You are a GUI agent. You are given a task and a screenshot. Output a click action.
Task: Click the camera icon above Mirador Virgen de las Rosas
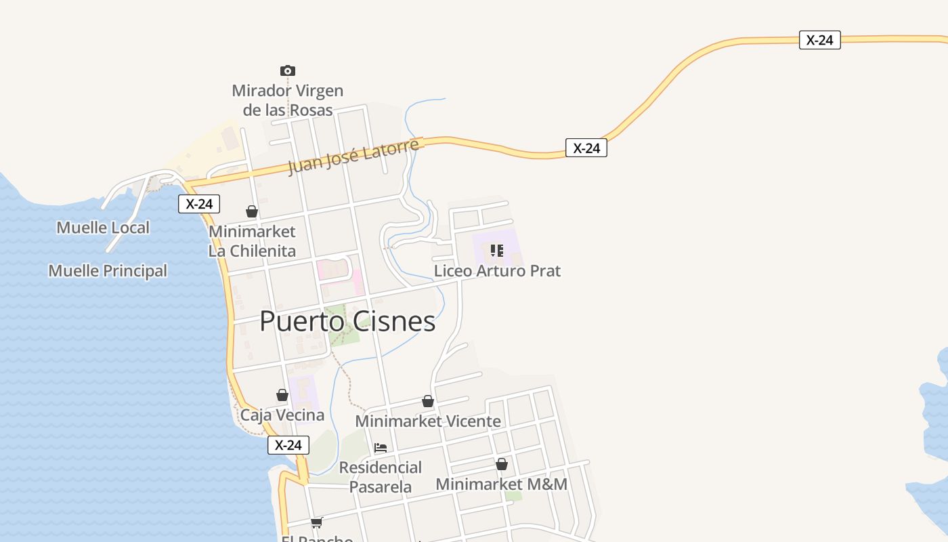point(288,70)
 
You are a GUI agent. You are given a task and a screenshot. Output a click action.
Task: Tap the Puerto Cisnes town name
point(347,321)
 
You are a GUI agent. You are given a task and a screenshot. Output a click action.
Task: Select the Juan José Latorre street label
point(353,157)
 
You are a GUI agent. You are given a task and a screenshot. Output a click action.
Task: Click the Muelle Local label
point(103,228)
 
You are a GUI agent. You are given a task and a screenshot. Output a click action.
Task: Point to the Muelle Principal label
point(108,271)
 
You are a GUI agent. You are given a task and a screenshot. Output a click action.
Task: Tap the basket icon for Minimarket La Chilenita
point(252,211)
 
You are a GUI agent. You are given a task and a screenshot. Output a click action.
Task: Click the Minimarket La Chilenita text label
point(252,241)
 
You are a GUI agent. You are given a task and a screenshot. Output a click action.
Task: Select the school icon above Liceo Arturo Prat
point(497,251)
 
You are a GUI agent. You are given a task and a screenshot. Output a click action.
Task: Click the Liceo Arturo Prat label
point(497,271)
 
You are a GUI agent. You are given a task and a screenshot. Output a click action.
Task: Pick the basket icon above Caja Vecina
point(282,395)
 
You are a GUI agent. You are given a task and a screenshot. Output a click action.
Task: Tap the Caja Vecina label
point(282,415)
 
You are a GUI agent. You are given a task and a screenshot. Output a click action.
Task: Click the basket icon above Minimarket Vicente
point(428,401)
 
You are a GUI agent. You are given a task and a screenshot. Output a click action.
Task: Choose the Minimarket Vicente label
point(428,421)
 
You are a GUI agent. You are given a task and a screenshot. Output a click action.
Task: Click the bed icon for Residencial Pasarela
point(381,448)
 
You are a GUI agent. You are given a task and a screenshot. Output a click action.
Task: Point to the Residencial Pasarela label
point(381,477)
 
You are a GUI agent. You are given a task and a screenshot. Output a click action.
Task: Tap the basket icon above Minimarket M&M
point(502,464)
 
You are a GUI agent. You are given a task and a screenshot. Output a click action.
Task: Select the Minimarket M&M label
point(502,484)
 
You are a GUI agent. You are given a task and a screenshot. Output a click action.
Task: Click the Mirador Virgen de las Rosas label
point(288,100)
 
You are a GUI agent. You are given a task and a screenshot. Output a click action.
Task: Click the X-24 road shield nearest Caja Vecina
point(288,445)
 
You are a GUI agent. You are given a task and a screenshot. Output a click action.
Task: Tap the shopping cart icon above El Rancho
point(316,522)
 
